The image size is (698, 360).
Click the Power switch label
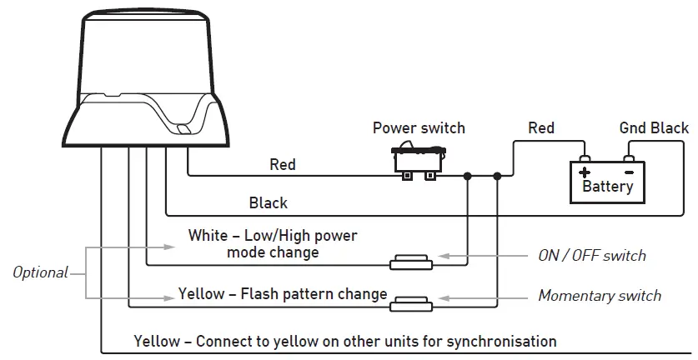coord(419,128)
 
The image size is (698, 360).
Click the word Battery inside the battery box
coord(607,186)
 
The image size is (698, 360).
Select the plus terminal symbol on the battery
coord(585,172)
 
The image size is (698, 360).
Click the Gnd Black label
coord(654,127)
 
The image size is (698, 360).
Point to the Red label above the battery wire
coord(541,127)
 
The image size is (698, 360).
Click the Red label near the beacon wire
coord(283,164)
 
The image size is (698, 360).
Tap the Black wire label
coord(269,202)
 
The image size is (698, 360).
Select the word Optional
coord(40,272)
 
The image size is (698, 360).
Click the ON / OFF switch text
coord(592,255)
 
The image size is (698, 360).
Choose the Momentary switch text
coord(600,296)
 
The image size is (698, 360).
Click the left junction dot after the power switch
coord(468,176)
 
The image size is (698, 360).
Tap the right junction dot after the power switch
coord(498,176)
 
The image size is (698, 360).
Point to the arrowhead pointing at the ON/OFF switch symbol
coord(444,256)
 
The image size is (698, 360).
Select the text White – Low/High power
coord(273,236)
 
